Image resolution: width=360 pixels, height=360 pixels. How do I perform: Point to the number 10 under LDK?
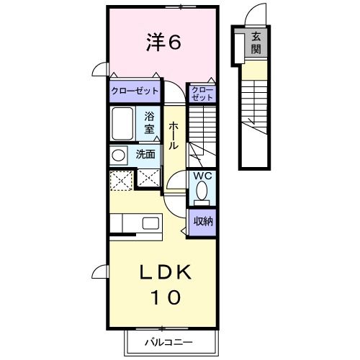[x=164, y=296]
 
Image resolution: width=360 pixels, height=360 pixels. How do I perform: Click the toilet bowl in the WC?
[x=202, y=192]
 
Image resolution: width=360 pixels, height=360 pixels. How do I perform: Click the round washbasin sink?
[x=117, y=154]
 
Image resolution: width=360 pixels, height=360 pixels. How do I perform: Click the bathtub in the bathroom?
[x=123, y=124]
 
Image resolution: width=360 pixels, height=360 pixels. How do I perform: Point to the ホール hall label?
[x=174, y=136]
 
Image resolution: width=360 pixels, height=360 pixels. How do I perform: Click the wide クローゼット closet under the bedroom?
[x=135, y=91]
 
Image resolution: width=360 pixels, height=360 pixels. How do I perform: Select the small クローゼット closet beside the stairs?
[x=202, y=91]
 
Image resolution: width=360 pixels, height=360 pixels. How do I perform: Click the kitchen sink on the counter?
[x=151, y=222]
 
